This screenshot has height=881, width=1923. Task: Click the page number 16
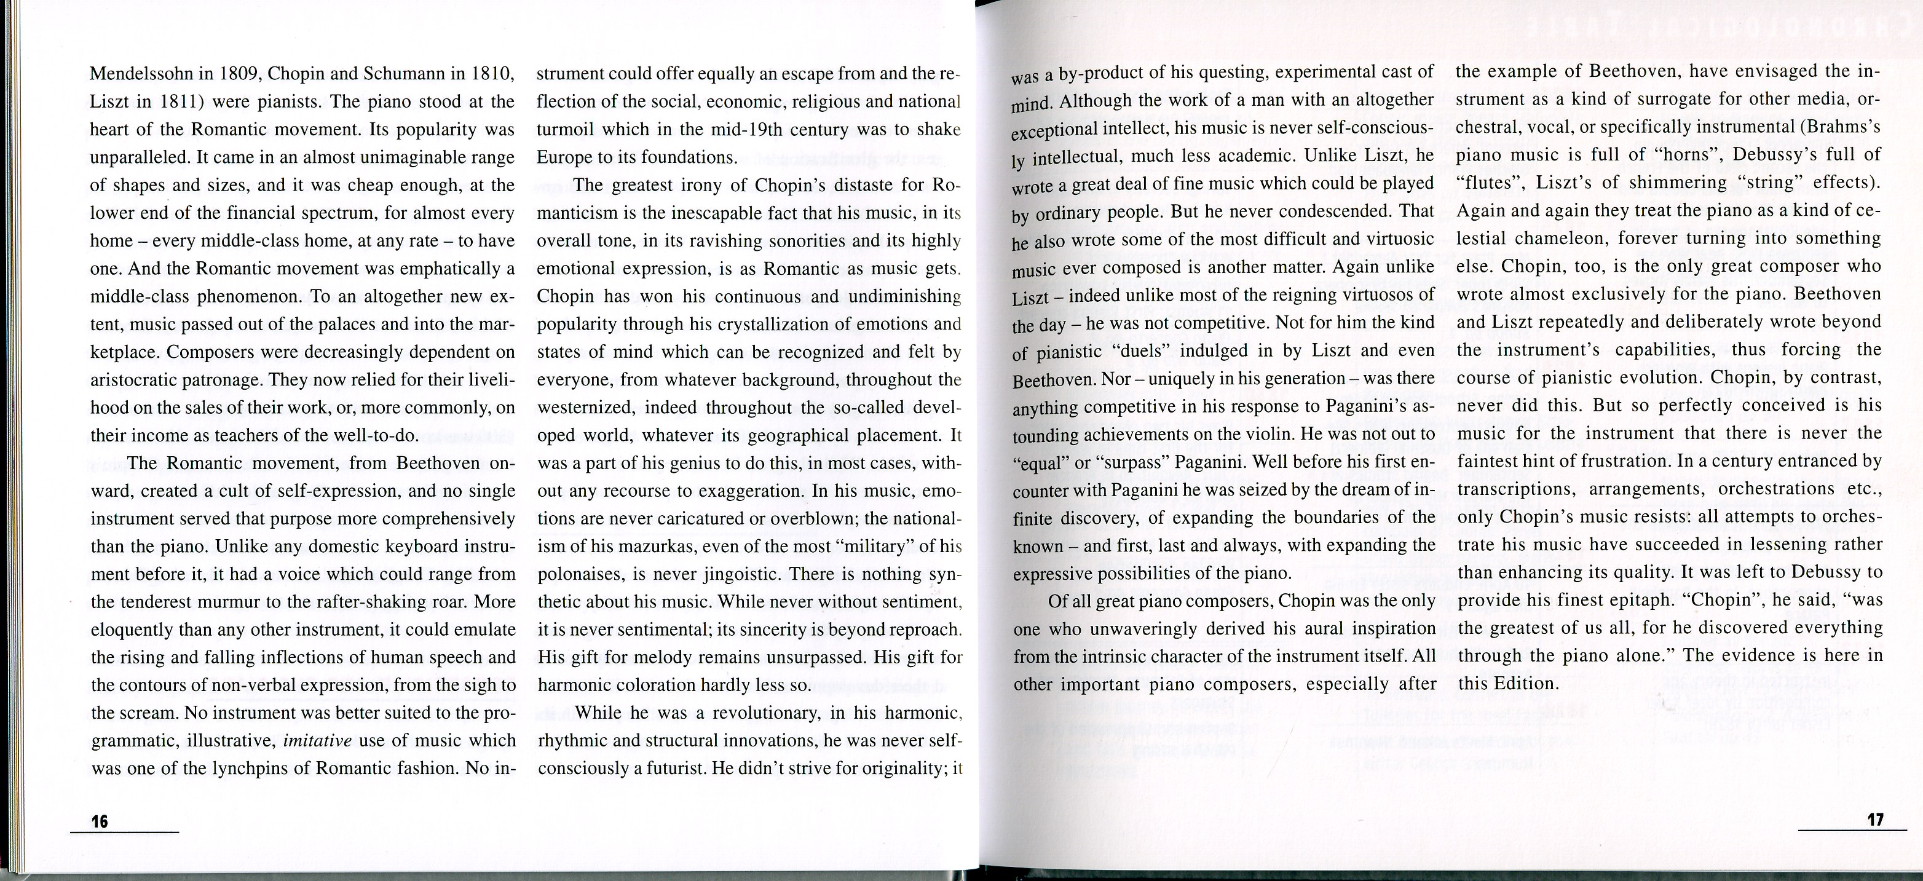(x=100, y=822)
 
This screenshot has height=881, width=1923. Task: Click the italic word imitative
(x=317, y=741)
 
